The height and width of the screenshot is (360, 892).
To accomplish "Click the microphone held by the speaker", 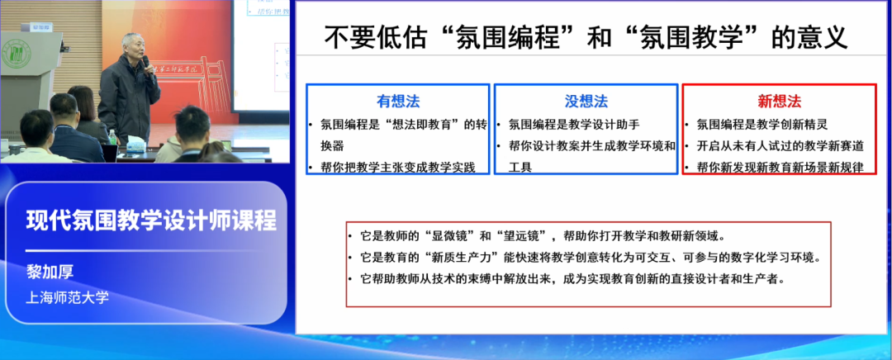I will point(146,64).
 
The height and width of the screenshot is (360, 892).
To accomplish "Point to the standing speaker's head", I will point(131,45).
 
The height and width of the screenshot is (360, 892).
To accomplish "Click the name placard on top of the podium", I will point(40,27).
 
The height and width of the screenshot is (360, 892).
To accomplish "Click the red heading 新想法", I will point(779,102).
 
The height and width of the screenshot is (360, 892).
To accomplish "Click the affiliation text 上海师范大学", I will point(68,296).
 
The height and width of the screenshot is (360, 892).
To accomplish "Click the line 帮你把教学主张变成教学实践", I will point(397,167).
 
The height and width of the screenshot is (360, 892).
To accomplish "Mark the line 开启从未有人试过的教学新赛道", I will point(780,146).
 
